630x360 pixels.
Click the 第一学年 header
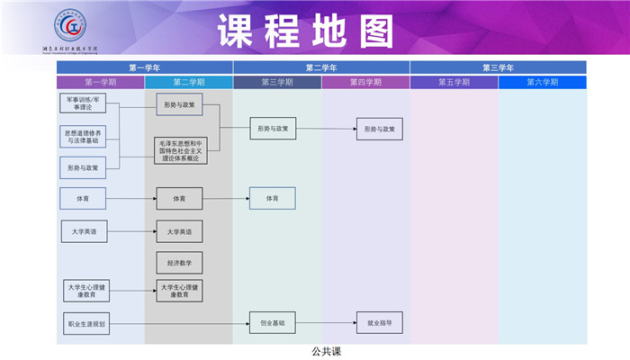click(145, 67)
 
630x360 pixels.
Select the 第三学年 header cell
click(498, 67)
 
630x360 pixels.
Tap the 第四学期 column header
click(365, 82)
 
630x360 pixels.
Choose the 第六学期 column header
click(542, 82)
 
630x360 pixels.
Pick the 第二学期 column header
click(189, 82)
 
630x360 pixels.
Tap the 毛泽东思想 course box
click(180, 151)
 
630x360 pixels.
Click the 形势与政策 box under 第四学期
click(379, 130)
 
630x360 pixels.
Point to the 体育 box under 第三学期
click(272, 198)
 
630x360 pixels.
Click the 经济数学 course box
click(179, 263)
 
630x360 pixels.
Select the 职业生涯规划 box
click(86, 323)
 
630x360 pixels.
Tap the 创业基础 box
click(272, 322)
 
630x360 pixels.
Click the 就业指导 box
click(379, 322)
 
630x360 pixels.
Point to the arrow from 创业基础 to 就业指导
click(325, 322)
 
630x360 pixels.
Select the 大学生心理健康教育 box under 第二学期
click(179, 291)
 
